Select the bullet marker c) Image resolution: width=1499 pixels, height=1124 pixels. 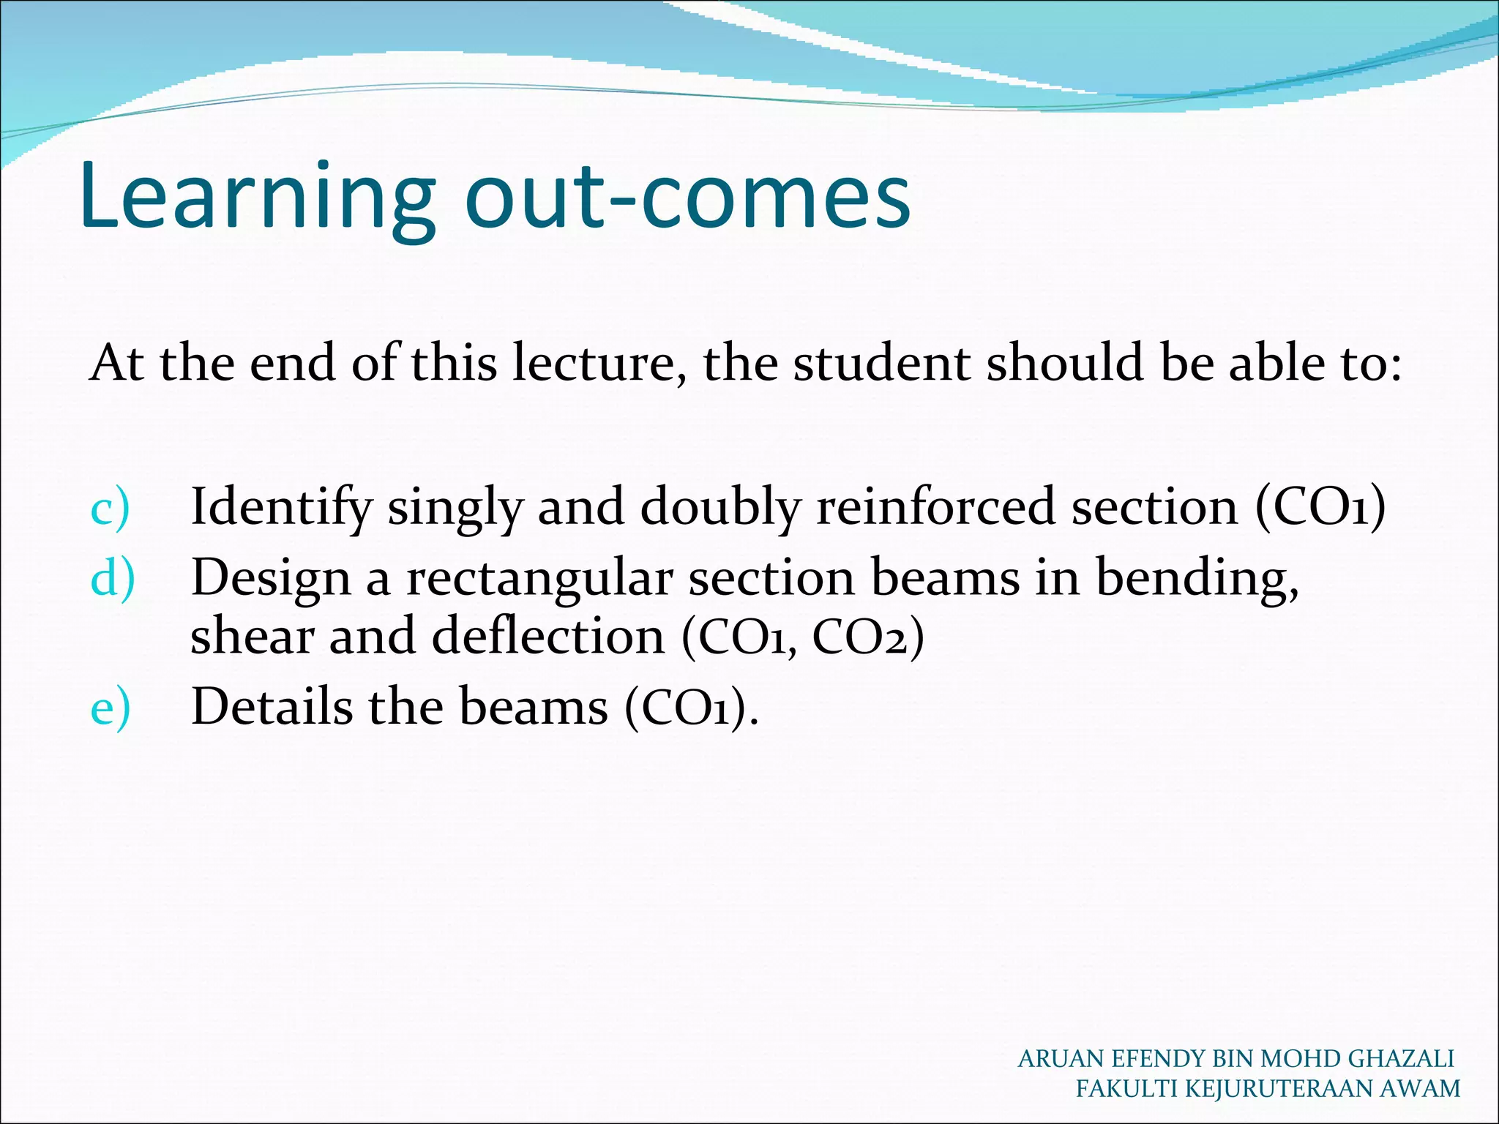tap(110, 507)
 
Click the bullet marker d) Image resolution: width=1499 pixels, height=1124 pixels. tap(113, 578)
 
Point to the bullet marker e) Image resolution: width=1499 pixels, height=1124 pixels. tap(110, 708)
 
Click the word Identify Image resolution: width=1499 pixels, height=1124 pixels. tap(281, 507)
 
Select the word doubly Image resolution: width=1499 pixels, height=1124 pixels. tap(720, 507)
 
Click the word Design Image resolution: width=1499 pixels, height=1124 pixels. tap(271, 578)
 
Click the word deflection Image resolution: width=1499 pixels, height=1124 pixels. tap(548, 636)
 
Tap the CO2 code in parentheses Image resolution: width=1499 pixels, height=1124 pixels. tap(868, 636)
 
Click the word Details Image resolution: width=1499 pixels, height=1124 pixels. tap(272, 708)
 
